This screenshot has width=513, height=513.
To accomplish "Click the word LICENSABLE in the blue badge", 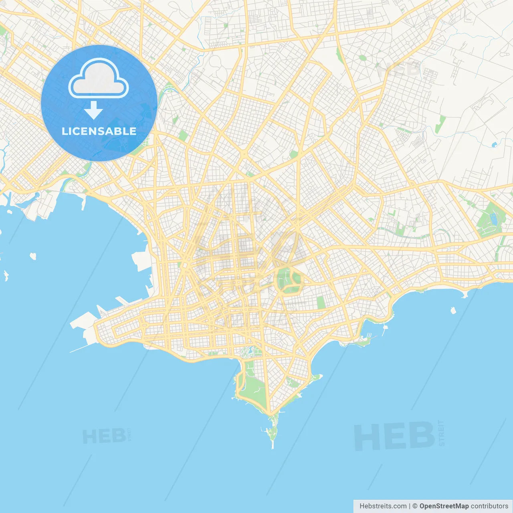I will (x=99, y=131).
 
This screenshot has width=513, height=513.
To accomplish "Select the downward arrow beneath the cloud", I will (x=93, y=110).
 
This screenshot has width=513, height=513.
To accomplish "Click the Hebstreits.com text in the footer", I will (x=383, y=506).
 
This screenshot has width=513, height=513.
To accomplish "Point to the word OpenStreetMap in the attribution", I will (x=444, y=506).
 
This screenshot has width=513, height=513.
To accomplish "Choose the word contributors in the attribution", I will (x=489, y=506).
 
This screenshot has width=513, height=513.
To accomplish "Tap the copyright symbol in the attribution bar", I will (x=415, y=506).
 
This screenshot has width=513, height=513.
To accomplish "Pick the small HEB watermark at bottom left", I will (x=103, y=436).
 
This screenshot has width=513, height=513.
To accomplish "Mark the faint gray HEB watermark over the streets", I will (x=399, y=69).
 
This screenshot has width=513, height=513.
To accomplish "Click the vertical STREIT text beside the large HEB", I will (x=441, y=433).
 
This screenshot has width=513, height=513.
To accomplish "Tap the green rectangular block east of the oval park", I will (x=321, y=303).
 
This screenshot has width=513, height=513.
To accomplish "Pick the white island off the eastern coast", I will (x=453, y=310).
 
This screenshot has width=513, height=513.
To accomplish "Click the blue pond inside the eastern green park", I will (x=493, y=218).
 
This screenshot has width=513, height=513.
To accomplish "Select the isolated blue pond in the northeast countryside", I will (x=494, y=144).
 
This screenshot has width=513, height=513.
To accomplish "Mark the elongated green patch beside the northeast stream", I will (x=440, y=124).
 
